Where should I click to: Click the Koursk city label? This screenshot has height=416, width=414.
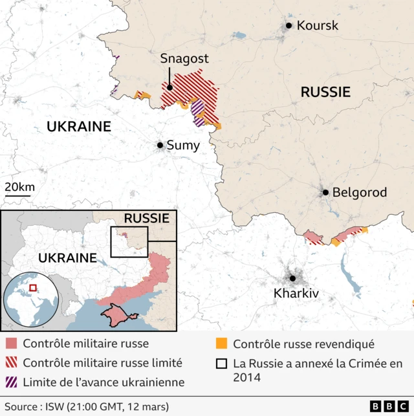317,26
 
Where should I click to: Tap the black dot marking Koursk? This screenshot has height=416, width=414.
289,26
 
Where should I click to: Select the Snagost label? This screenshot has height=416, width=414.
184,59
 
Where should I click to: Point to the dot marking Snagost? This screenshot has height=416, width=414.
169,87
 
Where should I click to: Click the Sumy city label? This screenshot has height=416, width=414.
183,146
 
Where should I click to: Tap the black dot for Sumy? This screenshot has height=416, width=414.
160,146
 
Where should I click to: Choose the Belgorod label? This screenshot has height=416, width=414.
359,192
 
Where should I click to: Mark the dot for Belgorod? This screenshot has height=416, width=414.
326,192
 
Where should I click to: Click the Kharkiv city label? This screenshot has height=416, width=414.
296,294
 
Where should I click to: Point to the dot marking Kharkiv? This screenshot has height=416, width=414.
292,278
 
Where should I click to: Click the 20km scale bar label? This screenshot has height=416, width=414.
20,187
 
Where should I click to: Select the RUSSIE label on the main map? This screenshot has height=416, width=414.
325,93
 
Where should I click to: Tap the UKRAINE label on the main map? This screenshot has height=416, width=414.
79,127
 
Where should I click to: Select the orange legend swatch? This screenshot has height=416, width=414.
221,344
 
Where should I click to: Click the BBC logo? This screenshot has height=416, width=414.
387,406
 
